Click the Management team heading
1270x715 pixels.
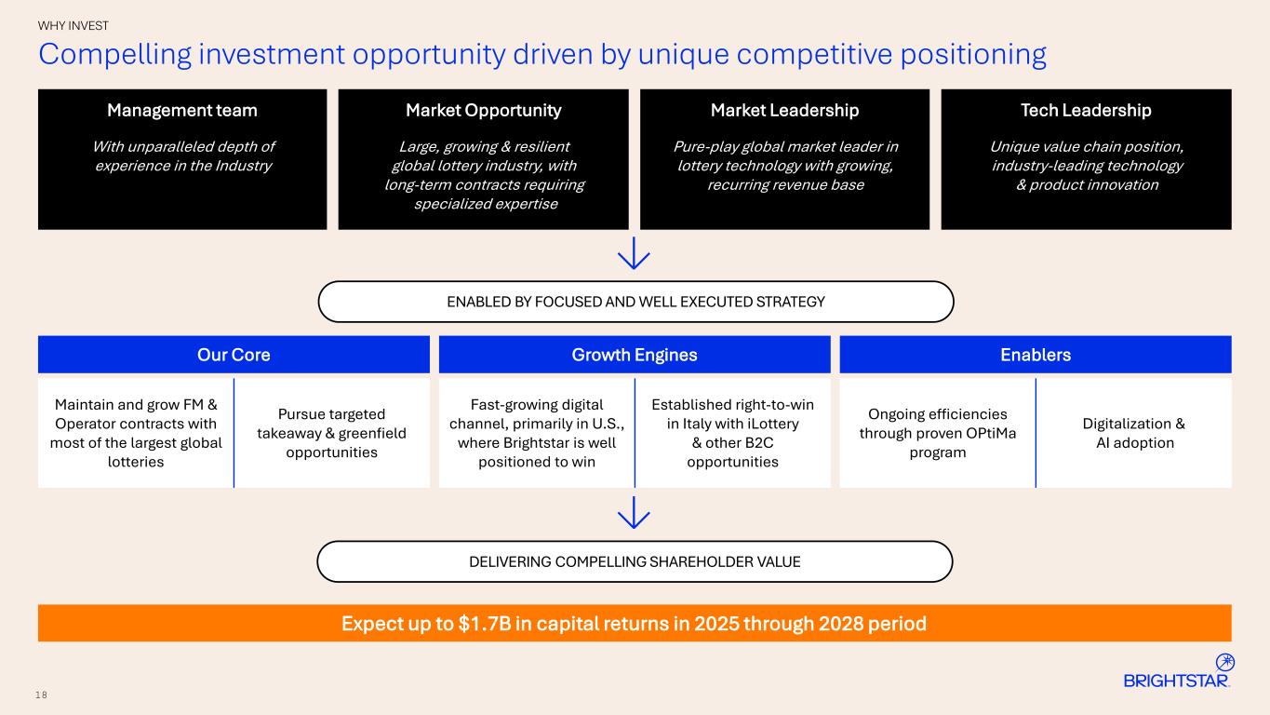click(x=182, y=110)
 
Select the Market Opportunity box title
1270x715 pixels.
click(x=483, y=110)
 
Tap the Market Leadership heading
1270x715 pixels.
click(x=784, y=110)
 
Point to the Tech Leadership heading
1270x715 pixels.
click(x=1086, y=110)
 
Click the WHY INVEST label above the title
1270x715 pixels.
click(x=74, y=26)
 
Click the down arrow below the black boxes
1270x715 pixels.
click(x=634, y=253)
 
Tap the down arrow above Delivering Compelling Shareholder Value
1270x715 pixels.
click(x=634, y=512)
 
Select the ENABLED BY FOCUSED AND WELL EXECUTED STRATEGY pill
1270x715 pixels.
click(x=635, y=302)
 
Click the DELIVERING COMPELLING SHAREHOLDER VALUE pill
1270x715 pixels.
click(x=635, y=561)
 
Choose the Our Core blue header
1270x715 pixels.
click(x=234, y=355)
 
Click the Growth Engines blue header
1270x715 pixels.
click(x=635, y=355)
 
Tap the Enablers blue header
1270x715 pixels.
click(x=1036, y=355)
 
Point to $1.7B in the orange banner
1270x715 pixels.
click(x=488, y=624)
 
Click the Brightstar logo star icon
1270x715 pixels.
click(x=1225, y=662)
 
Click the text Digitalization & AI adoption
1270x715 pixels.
click(x=1133, y=433)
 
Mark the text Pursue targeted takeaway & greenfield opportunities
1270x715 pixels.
click(x=331, y=433)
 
